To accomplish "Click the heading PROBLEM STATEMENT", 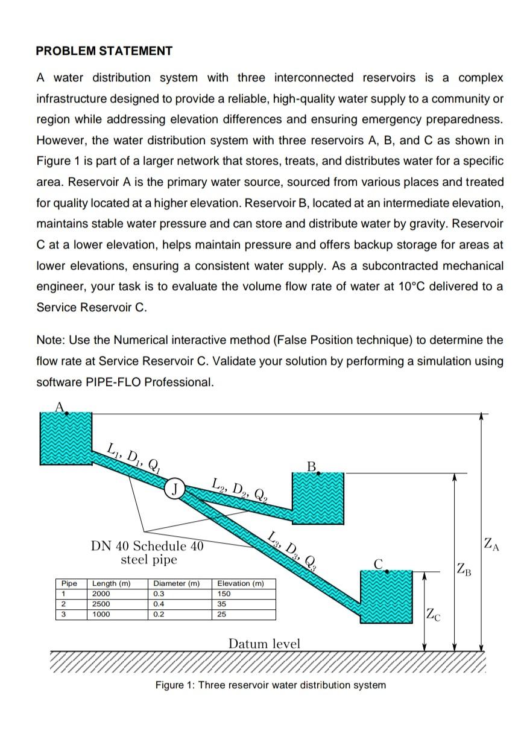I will coord(104,51).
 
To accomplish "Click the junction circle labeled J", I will coord(174,487).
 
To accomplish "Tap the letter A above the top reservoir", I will coord(60,407).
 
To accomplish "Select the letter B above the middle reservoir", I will coord(311,466).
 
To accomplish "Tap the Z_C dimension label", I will coord(434,615).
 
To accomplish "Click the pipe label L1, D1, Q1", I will coord(133,458).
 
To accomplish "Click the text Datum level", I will coord(264,644).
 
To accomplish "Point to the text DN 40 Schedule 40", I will coord(147,547).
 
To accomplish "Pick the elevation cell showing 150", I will coord(224,594).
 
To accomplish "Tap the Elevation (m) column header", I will coord(240,583).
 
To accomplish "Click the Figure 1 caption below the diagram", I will coord(270,685).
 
